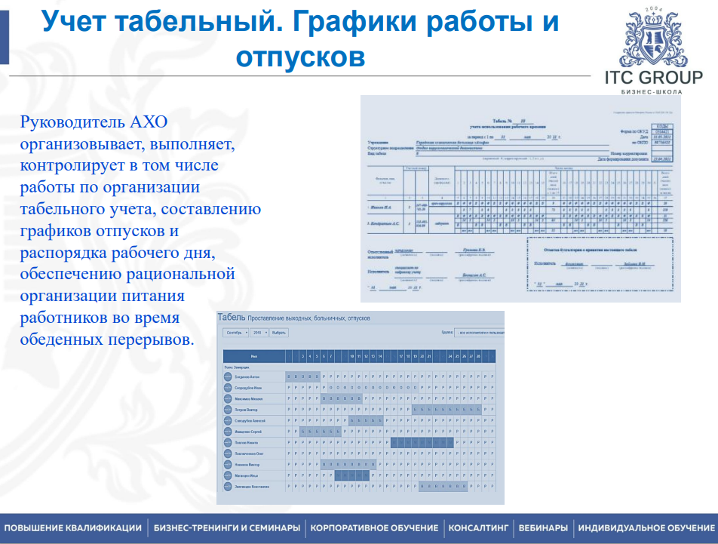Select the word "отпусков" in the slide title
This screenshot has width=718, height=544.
click(300, 57)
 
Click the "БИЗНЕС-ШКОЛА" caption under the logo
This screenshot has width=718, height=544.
click(653, 92)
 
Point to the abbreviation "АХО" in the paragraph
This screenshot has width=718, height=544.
click(150, 121)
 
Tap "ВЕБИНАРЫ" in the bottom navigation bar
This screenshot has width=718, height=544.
click(543, 528)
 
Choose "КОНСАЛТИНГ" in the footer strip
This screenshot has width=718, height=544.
click(479, 528)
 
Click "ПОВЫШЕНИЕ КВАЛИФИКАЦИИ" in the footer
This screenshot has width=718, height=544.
click(73, 528)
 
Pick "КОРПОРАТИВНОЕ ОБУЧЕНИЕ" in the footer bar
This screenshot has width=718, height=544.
click(374, 528)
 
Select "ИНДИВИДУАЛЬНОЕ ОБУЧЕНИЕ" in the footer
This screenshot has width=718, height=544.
click(646, 528)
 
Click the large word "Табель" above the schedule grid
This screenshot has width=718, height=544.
click(232, 318)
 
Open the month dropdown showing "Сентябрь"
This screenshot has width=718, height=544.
click(237, 332)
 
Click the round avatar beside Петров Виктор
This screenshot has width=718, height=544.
click(229, 409)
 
